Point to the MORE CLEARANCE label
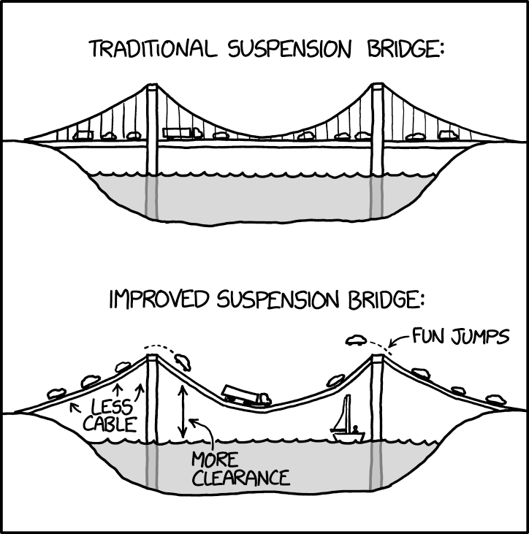240,469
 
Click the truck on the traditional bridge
182,133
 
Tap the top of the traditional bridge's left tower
152,88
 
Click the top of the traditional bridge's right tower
378,88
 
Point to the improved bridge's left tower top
152,358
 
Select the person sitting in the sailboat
355,429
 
